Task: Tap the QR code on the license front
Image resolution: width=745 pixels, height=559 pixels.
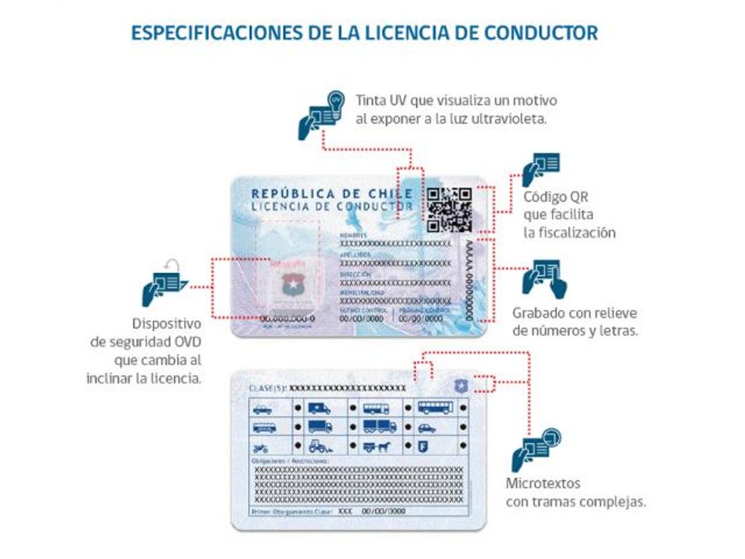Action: tap(449, 210)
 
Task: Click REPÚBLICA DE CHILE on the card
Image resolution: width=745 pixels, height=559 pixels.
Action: tap(332, 194)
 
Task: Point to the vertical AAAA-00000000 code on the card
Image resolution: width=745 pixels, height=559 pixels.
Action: tap(469, 280)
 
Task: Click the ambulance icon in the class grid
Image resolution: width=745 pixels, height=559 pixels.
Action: tap(319, 408)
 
